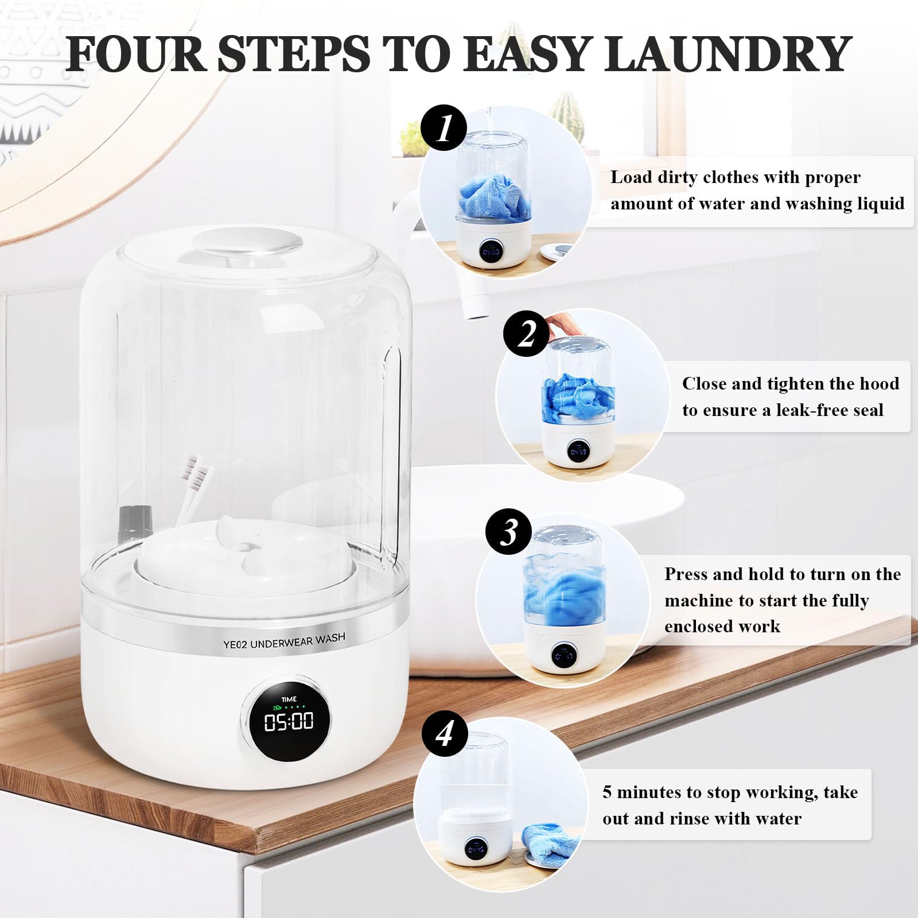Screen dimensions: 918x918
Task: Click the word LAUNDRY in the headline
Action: [x=728, y=54]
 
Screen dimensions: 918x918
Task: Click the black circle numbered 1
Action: [x=444, y=128]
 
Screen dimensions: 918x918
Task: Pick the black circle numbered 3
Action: [x=509, y=532]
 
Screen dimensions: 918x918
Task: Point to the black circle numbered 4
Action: [x=445, y=734]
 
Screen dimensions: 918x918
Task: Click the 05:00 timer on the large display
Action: [x=289, y=721]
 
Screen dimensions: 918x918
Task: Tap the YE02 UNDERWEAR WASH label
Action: [x=285, y=641]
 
